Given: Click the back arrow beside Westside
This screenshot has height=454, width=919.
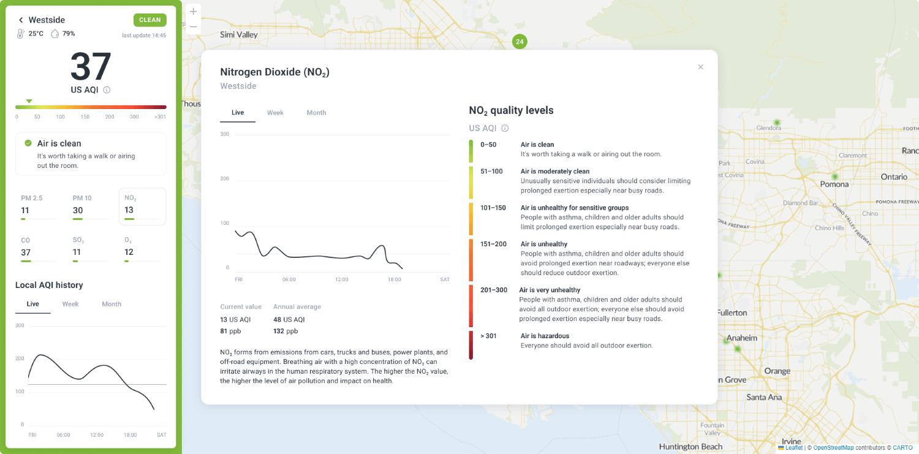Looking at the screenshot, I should pyautogui.click(x=21, y=20).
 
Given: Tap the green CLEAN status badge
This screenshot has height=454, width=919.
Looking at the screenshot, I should pyautogui.click(x=149, y=20).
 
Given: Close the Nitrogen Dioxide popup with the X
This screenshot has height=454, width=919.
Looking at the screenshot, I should pyautogui.click(x=700, y=67).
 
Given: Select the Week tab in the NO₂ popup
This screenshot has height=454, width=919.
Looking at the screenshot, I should pyautogui.click(x=275, y=113).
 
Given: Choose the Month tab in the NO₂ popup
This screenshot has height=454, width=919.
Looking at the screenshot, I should pyautogui.click(x=316, y=113).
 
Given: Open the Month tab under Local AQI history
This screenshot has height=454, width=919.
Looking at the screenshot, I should pyautogui.click(x=112, y=304).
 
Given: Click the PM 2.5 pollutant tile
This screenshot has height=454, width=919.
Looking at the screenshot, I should pyautogui.click(x=39, y=207).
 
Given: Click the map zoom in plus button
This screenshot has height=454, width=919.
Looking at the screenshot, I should pyautogui.click(x=193, y=12).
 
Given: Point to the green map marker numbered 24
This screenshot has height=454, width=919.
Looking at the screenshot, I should pyautogui.click(x=520, y=42).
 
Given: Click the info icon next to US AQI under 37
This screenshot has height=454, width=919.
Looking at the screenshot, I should pyautogui.click(x=107, y=90).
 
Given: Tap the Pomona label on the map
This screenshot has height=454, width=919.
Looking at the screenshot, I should pyautogui.click(x=834, y=184).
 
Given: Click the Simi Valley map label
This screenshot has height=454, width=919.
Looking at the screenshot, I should pyautogui.click(x=239, y=35).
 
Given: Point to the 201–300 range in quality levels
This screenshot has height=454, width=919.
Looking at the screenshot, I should pyautogui.click(x=494, y=290).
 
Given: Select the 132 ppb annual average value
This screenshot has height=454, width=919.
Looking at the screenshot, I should pyautogui.click(x=286, y=331).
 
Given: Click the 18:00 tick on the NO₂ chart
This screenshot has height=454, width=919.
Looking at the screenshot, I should pyautogui.click(x=395, y=279).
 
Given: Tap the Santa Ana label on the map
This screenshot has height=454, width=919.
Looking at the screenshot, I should pyautogui.click(x=764, y=397).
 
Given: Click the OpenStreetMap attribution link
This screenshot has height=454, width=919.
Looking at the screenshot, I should pyautogui.click(x=833, y=448).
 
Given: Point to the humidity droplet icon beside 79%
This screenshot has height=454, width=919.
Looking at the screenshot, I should pyautogui.click(x=55, y=34).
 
